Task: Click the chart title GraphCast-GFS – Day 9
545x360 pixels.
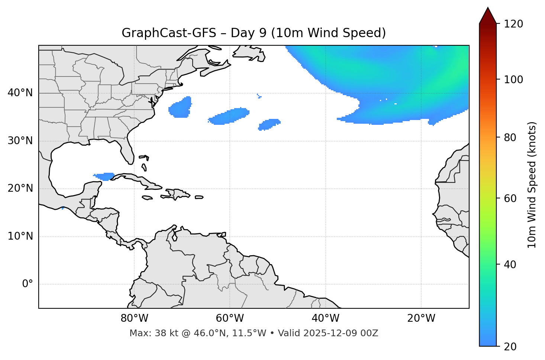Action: click(x=254, y=33)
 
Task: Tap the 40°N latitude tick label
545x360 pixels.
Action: click(x=20, y=93)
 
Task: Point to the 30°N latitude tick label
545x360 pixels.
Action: click(x=20, y=141)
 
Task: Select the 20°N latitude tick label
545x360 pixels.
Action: click(x=20, y=188)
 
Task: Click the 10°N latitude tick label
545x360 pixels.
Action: click(x=20, y=236)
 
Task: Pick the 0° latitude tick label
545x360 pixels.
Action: click(x=28, y=284)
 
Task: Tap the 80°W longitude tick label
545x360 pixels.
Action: click(x=134, y=318)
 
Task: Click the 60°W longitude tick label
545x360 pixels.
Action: click(x=230, y=318)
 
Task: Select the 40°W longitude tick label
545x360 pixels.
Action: click(x=325, y=318)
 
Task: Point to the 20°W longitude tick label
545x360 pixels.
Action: click(x=421, y=318)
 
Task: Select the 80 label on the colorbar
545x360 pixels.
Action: click(x=512, y=137)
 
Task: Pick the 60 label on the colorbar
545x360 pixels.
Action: click(x=512, y=198)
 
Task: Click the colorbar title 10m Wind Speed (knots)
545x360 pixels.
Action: click(x=532, y=185)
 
